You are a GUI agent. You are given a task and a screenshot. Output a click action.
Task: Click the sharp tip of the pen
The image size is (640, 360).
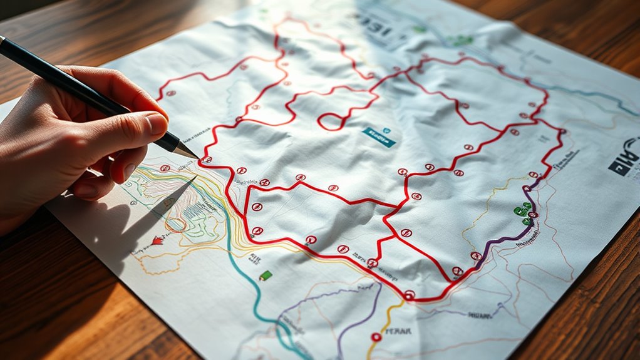coord(197,157)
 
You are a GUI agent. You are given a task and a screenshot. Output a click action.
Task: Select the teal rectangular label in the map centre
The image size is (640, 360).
coord(379,137)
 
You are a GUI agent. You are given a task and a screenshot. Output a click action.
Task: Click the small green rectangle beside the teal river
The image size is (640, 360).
coord(266,275)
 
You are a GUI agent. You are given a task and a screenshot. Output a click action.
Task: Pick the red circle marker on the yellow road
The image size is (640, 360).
coord(376,337)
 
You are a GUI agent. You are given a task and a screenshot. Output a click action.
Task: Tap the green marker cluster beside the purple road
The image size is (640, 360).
coord(523,212)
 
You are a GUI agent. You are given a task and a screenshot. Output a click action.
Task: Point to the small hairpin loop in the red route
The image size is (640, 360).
coord(329,120)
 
